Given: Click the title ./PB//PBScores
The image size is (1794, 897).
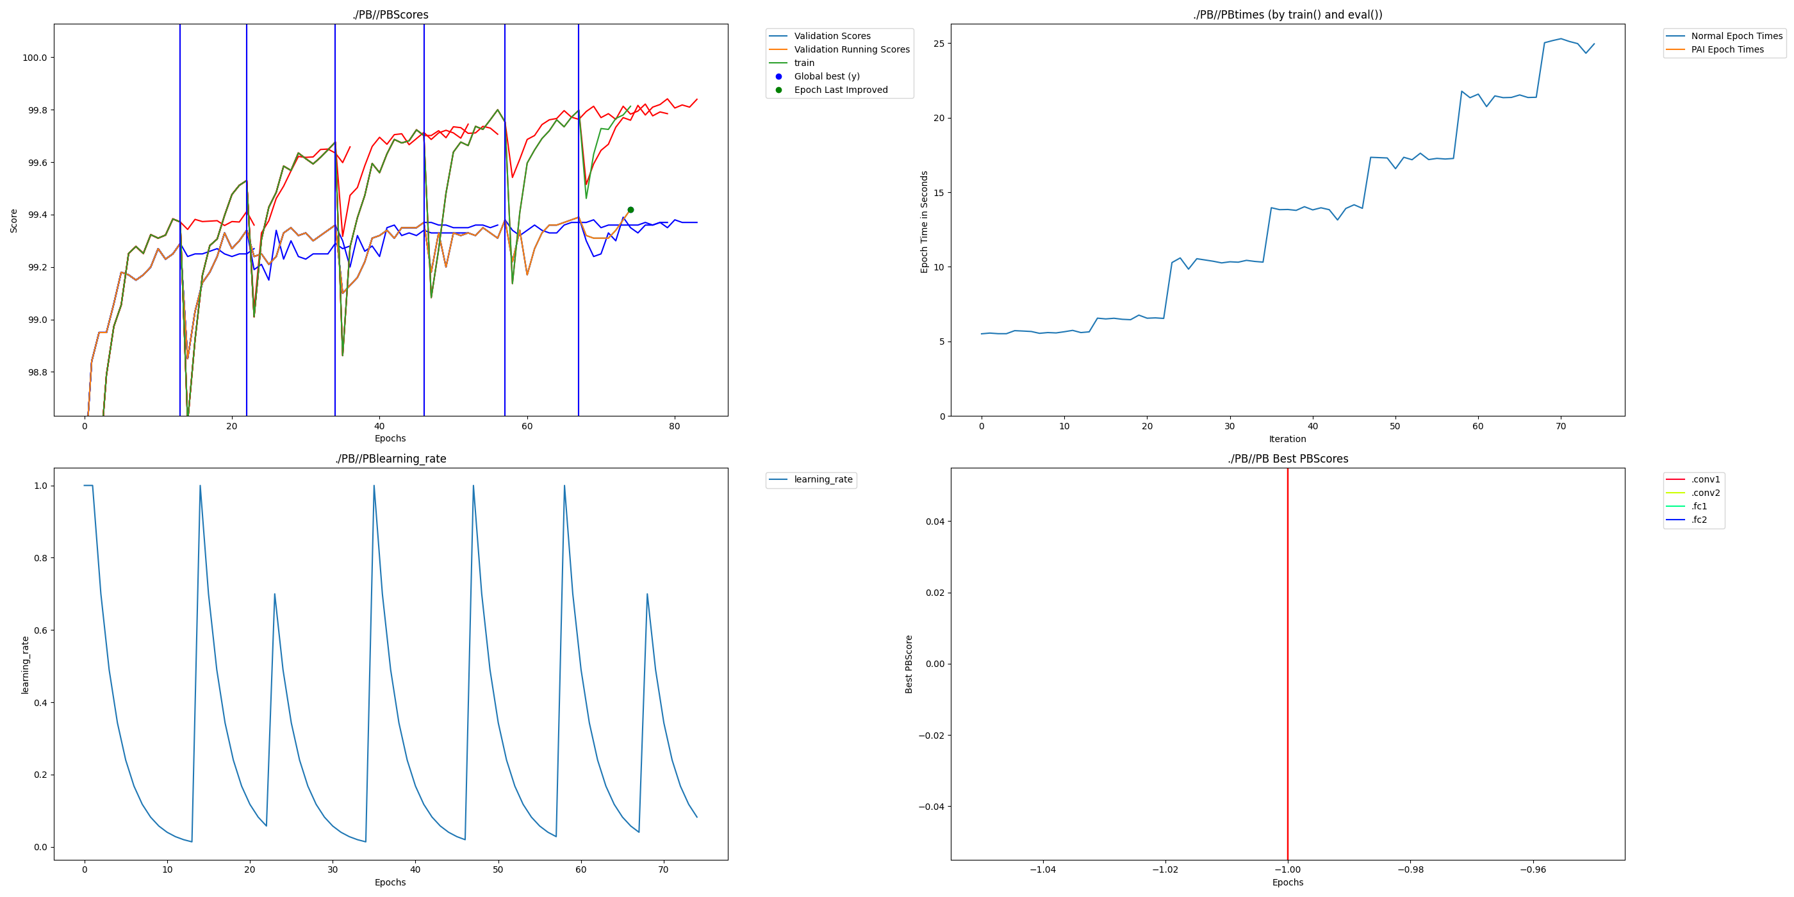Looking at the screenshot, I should [390, 15].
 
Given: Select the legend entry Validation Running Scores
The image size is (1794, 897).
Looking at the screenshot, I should [851, 49].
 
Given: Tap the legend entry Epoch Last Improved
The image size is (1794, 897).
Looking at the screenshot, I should [841, 90].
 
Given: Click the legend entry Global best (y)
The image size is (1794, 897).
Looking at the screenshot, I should [827, 77].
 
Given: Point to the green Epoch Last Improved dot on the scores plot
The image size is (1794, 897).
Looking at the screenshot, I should [630, 210].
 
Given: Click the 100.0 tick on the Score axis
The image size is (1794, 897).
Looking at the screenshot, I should [35, 58].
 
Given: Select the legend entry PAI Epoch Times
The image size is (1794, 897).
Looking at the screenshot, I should [1727, 49].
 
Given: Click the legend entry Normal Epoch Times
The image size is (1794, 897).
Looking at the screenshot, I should [1737, 37].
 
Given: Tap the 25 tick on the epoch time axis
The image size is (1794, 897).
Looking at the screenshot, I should [940, 44].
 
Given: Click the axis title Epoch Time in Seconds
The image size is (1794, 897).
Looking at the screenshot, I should [924, 222].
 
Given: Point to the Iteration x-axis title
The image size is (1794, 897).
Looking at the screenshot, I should [1287, 439].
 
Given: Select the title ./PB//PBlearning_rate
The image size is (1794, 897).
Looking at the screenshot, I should [390, 459].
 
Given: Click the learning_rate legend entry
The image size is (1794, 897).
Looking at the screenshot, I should [823, 480].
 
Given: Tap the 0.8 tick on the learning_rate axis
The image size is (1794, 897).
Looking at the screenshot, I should [40, 558].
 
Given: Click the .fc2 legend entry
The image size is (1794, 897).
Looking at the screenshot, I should [1699, 520].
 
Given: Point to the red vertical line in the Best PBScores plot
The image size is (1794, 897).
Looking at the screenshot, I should [1288, 662].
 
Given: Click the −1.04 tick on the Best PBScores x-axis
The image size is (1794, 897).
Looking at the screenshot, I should [1042, 869].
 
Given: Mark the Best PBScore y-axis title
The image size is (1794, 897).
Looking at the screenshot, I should [909, 664].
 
